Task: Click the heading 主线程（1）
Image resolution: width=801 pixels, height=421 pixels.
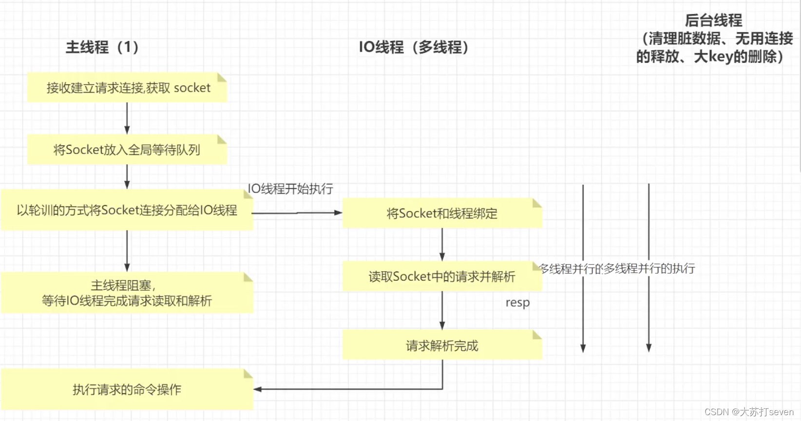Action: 102,47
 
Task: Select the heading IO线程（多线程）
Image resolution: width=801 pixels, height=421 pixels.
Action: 414,47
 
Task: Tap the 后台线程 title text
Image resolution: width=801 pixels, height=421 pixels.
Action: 713,20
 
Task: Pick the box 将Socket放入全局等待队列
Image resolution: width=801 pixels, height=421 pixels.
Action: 127,150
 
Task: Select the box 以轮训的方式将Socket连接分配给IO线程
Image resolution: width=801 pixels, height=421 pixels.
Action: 127,210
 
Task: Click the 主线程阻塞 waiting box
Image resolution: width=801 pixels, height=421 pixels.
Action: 127,293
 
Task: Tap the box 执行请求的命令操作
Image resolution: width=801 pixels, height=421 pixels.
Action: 127,389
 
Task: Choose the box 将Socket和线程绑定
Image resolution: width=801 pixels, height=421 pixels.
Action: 442,213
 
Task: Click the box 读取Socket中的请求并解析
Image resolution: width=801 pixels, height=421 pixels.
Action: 442,277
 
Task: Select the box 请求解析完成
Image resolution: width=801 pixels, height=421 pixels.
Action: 442,345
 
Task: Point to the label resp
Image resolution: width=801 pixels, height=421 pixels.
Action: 517,303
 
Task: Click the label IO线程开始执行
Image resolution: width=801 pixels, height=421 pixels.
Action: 290,189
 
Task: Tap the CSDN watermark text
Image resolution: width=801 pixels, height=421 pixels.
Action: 749,412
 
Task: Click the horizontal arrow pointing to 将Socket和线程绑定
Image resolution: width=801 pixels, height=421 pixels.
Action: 297,213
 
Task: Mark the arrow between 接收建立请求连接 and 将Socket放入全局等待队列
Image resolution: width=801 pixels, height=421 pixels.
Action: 127,118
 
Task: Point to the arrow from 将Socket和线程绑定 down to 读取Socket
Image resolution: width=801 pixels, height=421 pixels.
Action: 442,244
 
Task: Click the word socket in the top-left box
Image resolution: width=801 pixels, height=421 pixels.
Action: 192,88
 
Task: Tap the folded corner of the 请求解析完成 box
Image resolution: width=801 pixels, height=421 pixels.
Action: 537,334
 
